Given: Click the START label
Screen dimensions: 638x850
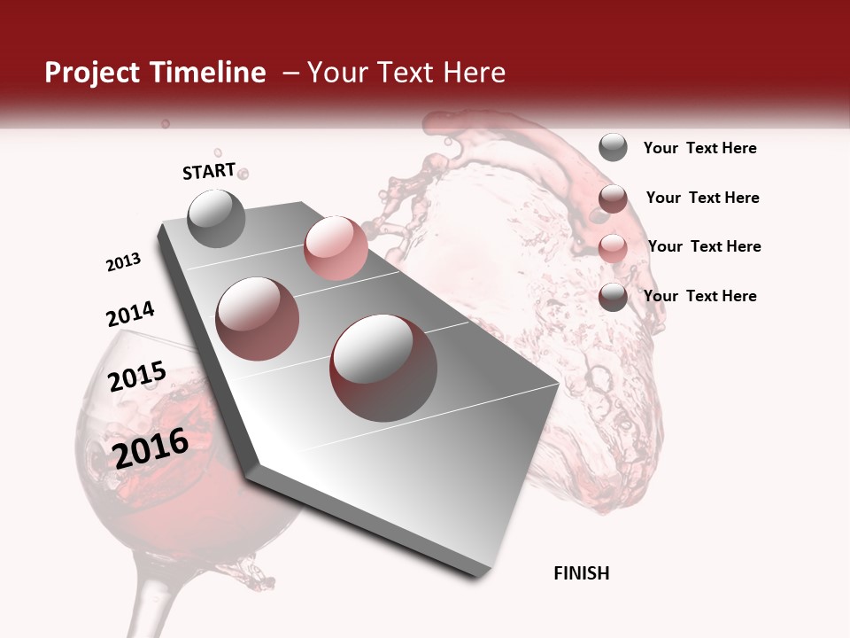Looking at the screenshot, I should pos(209,171).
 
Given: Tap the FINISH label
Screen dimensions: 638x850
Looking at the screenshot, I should pos(581,573).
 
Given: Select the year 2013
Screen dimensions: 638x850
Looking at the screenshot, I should pos(123,262).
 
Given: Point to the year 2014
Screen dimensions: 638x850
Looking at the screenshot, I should pos(130,314).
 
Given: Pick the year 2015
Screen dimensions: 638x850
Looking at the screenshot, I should pos(137,377).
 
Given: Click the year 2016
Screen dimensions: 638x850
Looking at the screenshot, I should pos(151,447).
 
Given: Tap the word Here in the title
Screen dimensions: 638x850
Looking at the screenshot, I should pos(474,73).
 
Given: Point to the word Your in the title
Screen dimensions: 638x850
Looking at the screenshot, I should pos(336,73).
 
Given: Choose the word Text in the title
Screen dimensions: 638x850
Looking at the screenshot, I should pos(404,73).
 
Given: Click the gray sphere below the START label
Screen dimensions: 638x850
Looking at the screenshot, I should pos(217,218).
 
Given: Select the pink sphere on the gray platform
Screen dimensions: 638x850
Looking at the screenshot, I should pos(336,248).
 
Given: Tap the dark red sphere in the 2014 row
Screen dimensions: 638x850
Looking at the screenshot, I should pos(258,318).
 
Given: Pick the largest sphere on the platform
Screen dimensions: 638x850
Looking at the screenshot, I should pos(383,368).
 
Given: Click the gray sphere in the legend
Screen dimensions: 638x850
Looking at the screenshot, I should pos(613,147).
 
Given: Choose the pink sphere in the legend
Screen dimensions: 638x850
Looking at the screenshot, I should pos(613,248).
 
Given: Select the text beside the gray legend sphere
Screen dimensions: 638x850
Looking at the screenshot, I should pos(699,148).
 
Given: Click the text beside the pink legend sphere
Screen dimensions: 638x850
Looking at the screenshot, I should pos(704,246).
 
